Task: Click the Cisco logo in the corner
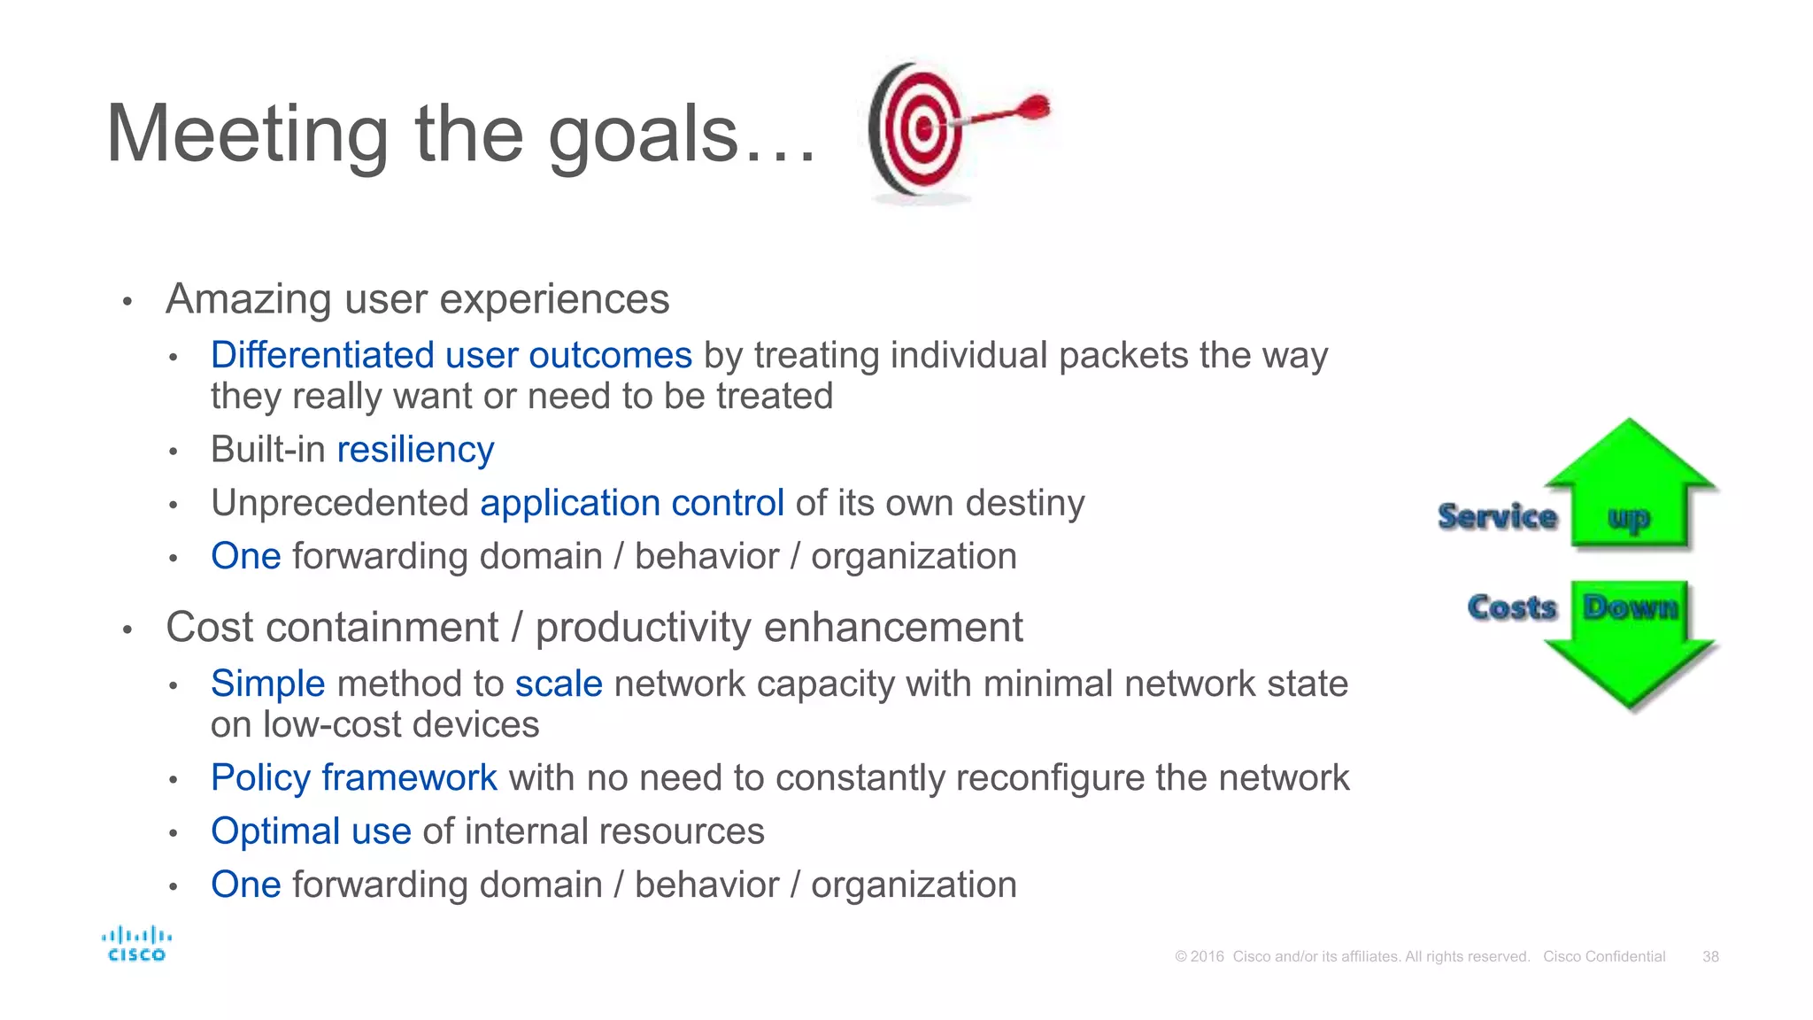[136, 944]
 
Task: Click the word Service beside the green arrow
[1497, 516]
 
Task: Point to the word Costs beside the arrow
[1511, 607]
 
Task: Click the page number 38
[1710, 956]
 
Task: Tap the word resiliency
[415, 450]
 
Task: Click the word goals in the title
[644, 135]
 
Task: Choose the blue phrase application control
[632, 503]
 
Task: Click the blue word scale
[559, 684]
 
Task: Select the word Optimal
[275, 831]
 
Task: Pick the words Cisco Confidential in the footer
[1604, 956]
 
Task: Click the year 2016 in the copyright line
[1207, 956]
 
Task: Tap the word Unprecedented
[340, 503]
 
